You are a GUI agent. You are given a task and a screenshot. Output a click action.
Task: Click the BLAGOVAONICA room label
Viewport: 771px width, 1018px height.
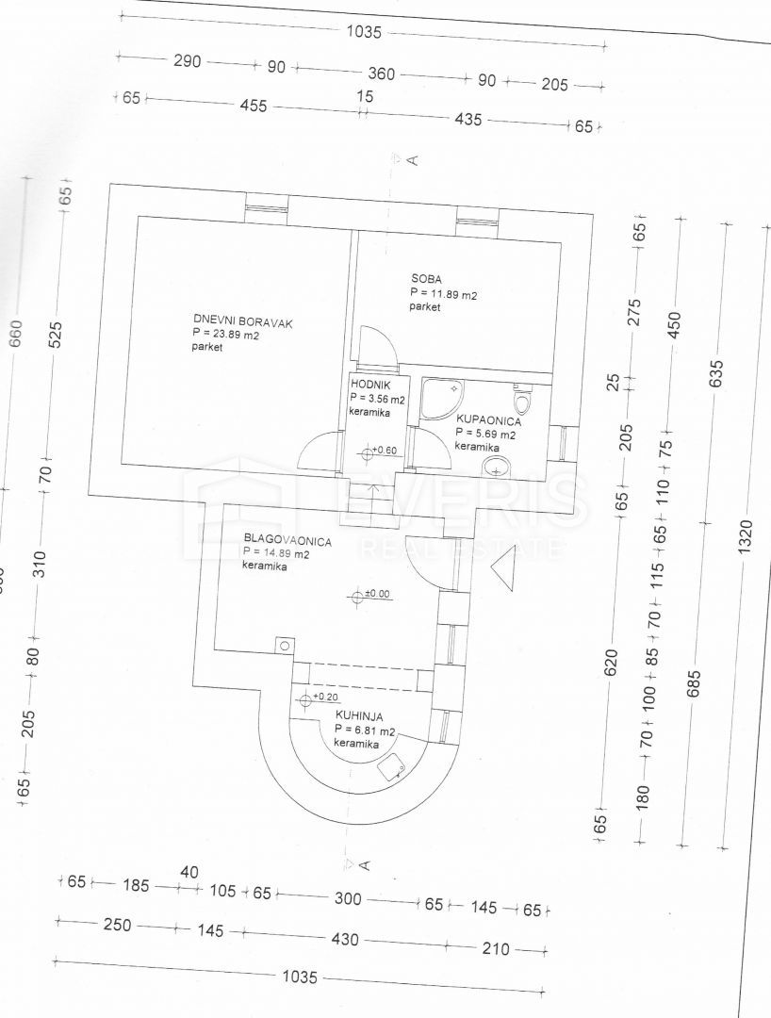click(x=286, y=541)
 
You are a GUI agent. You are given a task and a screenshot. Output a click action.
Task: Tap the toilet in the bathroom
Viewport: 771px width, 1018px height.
click(x=523, y=399)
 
